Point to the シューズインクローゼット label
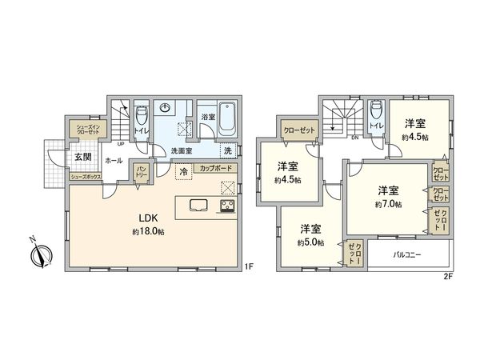coord(83,128)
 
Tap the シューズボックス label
coord(84,176)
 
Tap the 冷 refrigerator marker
coord(183,170)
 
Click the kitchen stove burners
coord(226,207)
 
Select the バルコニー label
coord(409,255)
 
